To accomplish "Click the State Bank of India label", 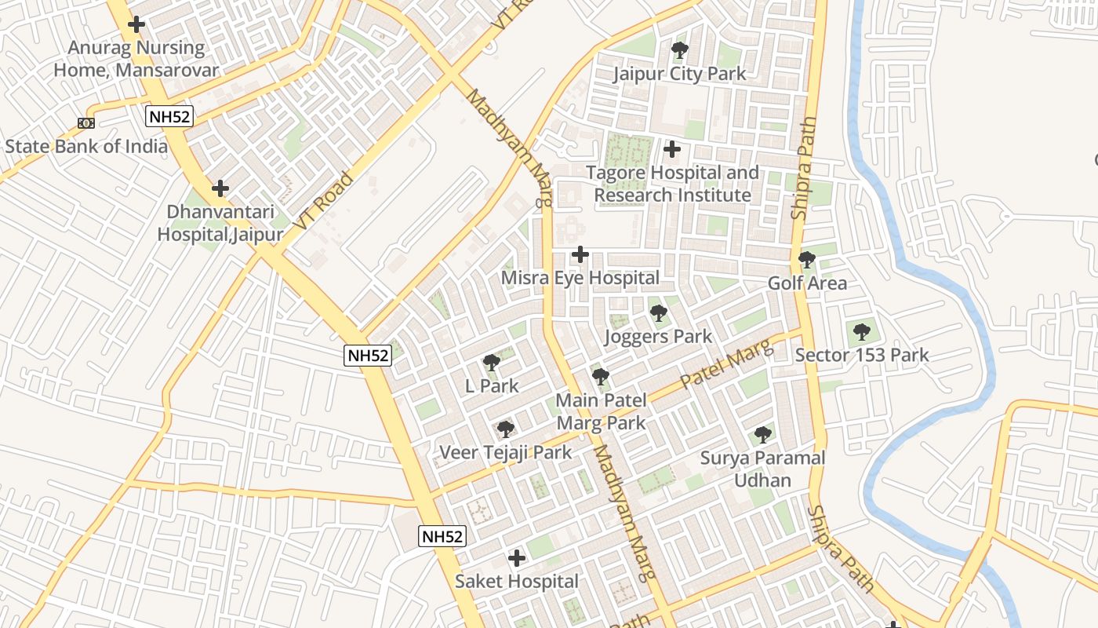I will click(x=86, y=146).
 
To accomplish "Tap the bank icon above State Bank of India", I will click(x=86, y=123).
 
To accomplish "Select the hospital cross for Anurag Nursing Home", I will click(x=136, y=24).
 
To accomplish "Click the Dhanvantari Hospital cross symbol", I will click(x=220, y=188).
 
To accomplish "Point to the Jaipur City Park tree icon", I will click(x=679, y=51).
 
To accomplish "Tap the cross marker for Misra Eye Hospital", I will click(x=580, y=254).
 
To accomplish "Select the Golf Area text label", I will click(x=807, y=283).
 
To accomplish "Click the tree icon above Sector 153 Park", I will click(x=862, y=332).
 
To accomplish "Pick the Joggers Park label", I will click(x=658, y=337).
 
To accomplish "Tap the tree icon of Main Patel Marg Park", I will click(x=601, y=377).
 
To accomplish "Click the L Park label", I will click(x=492, y=385).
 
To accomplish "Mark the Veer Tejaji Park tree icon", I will click(x=506, y=429).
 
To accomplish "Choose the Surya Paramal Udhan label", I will click(x=762, y=469).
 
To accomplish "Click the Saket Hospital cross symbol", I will click(x=517, y=558).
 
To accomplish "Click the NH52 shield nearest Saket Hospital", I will click(x=442, y=537).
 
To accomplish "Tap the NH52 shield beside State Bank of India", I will click(x=169, y=116).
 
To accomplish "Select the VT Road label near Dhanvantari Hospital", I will click(x=323, y=202).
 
